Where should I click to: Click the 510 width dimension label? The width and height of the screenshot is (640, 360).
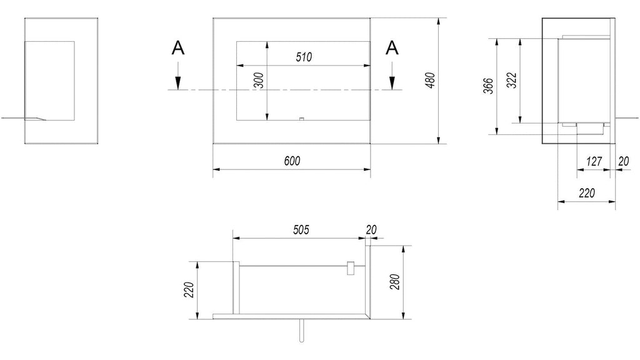[304, 57]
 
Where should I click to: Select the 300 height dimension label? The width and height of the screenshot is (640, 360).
[259, 81]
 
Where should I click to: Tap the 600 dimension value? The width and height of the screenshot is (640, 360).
[292, 161]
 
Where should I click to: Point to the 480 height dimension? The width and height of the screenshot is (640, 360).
[430, 81]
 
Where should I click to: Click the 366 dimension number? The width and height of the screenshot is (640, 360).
[489, 86]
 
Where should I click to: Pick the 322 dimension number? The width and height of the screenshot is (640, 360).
[512, 81]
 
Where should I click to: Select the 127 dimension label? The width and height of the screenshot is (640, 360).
[594, 162]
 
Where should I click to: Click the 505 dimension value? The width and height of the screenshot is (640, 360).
[301, 230]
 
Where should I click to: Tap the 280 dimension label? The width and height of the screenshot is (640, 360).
[395, 282]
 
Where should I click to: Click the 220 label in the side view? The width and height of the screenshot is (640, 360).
[587, 192]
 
